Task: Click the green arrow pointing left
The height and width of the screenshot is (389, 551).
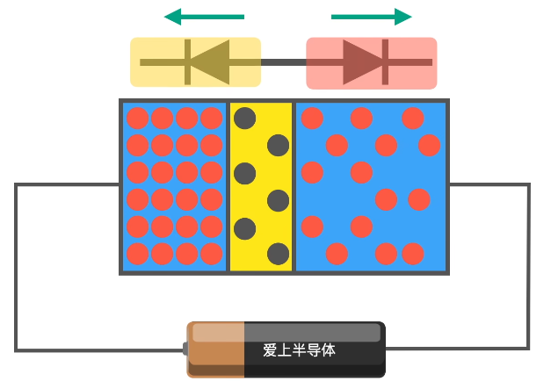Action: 204,17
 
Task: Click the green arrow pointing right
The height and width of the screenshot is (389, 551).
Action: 372,17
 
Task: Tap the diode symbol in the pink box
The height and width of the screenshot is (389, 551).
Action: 369,62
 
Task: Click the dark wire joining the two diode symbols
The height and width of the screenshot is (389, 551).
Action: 284,62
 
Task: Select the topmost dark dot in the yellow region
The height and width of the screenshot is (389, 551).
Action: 244,118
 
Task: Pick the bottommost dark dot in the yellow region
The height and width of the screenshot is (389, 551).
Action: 278,254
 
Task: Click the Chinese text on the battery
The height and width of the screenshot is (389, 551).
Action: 299,350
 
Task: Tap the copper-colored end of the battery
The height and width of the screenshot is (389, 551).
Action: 216,349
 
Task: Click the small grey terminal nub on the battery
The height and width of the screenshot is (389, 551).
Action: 185,349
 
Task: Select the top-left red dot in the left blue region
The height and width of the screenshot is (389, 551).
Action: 137,118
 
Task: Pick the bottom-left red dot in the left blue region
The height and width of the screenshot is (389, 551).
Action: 137,254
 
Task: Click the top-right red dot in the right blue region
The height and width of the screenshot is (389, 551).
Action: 430,145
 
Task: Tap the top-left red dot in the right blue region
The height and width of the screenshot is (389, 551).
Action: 312,118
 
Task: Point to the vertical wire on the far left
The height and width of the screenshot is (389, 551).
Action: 16,267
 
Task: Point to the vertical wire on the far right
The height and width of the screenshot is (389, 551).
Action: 528,266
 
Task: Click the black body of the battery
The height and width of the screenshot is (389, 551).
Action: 315,349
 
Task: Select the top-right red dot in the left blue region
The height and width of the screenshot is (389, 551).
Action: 211,118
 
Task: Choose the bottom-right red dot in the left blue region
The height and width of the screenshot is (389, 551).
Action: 211,254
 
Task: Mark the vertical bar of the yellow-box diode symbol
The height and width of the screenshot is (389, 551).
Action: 188,62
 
